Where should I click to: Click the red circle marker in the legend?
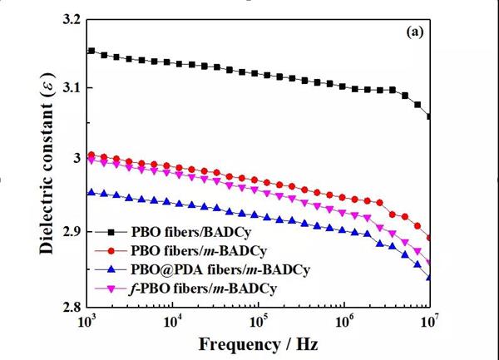click(x=111, y=250)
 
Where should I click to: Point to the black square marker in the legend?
click(x=111, y=232)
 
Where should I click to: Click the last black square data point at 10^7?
click(x=429, y=116)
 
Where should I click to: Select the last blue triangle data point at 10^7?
click(x=429, y=277)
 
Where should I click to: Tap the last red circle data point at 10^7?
click(x=429, y=239)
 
